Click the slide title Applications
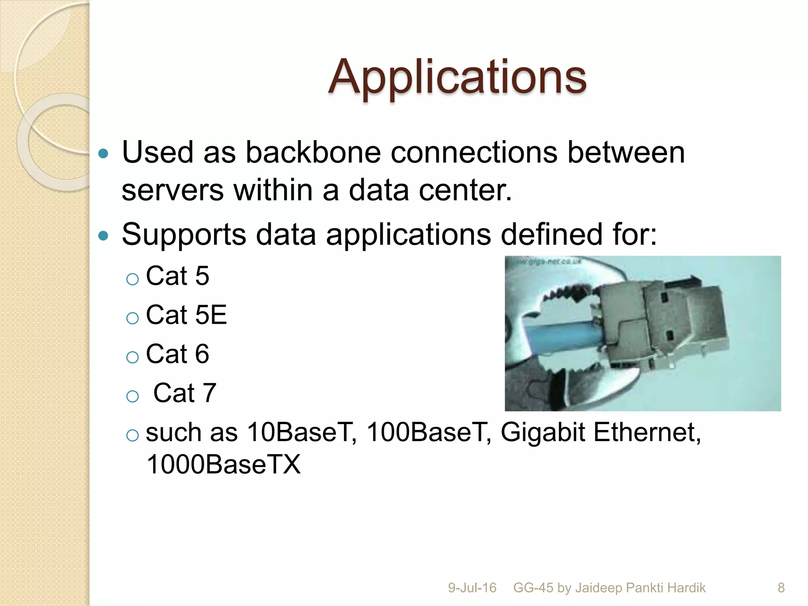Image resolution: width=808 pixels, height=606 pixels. pos(457,77)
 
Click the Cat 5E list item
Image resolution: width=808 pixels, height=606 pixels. pos(186,315)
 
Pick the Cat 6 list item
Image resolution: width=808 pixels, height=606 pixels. pos(177,354)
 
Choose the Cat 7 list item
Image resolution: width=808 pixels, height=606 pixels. pos(185,393)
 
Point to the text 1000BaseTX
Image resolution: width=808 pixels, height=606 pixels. pos(223,464)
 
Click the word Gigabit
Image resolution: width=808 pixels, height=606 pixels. pos(542,432)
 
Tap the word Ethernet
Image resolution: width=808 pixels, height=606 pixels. pos(647,432)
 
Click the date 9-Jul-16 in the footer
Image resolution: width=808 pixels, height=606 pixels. pos(472,588)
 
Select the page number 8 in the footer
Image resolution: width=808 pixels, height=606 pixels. pos(781,588)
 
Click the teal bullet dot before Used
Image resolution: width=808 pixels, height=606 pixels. pos(103,153)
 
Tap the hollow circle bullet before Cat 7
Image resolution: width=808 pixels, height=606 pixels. pos(133,396)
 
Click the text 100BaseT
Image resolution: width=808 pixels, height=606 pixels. pos(429,432)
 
